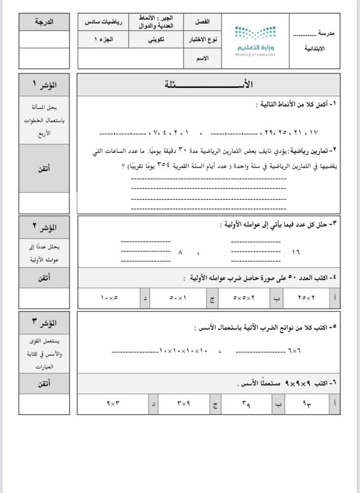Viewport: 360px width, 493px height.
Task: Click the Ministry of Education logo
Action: coord(254,41)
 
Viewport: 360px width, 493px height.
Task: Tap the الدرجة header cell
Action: coord(44,22)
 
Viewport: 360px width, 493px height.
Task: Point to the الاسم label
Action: coord(202,58)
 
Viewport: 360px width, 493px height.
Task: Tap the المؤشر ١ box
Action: coord(44,84)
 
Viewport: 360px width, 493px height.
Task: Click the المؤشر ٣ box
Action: coord(44,323)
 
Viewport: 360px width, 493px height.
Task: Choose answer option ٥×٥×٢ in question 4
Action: coord(244,298)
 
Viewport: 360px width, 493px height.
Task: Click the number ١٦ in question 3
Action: coord(295,252)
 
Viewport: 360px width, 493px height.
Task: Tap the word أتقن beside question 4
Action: coord(44,278)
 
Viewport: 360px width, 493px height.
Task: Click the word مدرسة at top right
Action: coord(324,34)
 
